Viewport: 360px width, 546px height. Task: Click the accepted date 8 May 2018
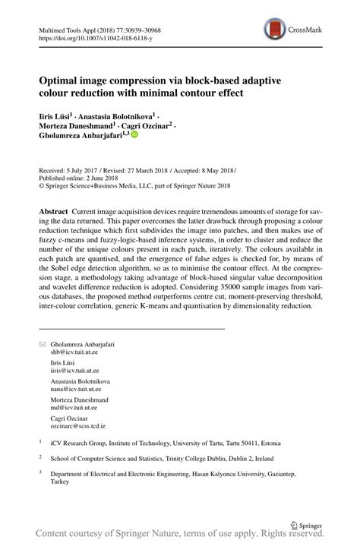[216, 171]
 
